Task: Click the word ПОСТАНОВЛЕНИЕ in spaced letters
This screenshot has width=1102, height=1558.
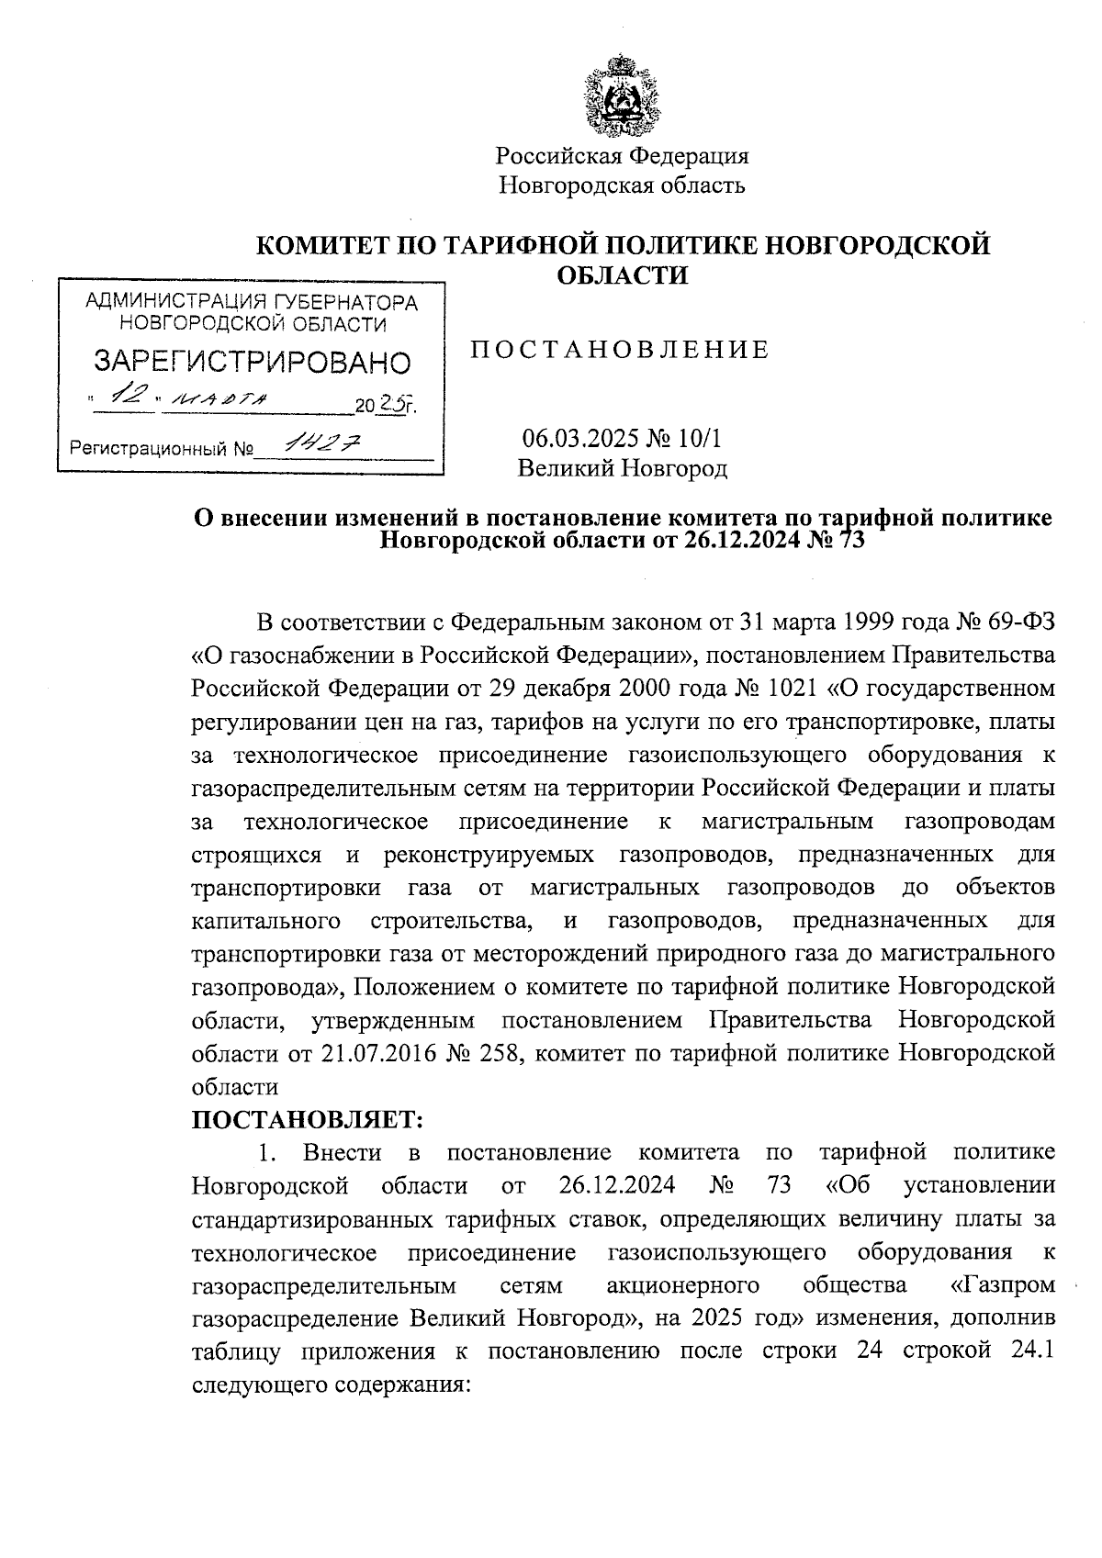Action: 620,350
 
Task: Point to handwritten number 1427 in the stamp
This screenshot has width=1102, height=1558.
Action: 321,444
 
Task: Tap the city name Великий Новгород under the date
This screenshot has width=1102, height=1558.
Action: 622,469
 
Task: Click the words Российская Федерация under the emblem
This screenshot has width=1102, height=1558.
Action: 623,155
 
